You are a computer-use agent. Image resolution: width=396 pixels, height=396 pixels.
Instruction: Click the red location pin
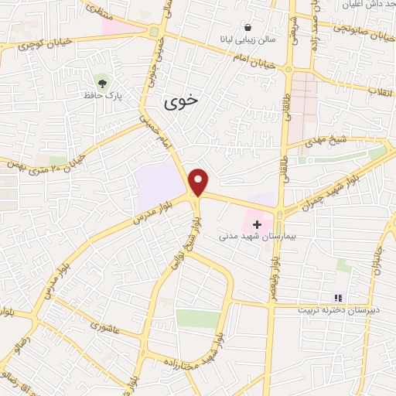[199, 181]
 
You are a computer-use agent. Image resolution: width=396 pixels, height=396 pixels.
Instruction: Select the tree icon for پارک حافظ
[102, 80]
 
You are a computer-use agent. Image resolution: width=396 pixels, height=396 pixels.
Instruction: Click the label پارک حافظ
[102, 95]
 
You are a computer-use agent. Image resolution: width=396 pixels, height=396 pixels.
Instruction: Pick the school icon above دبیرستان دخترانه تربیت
[337, 297]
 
